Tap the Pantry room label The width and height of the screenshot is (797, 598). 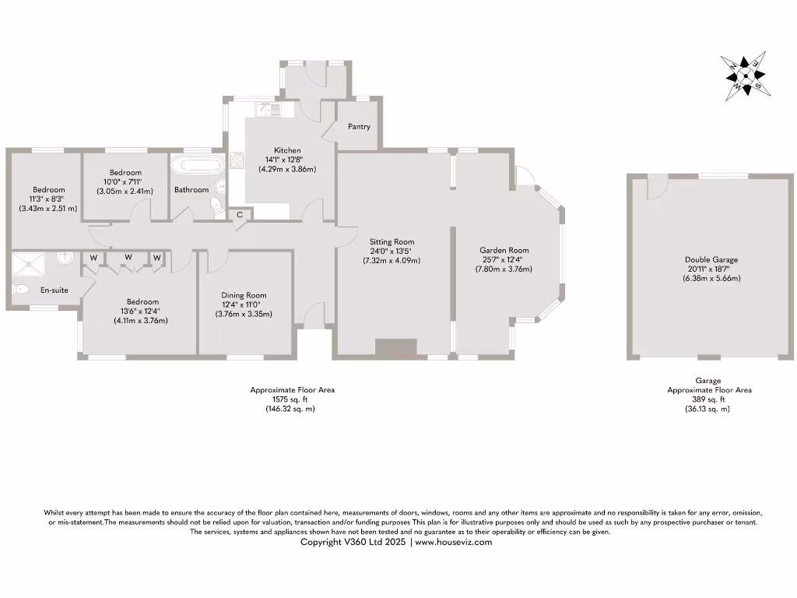[x=359, y=126]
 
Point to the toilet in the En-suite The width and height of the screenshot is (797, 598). [x=22, y=290]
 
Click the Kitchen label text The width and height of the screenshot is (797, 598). [x=287, y=150]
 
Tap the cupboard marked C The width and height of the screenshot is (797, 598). [x=240, y=214]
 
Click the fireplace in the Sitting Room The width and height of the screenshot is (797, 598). [x=396, y=348]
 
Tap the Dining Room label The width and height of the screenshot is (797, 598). [x=244, y=295]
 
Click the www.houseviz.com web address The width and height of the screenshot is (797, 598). [x=454, y=542]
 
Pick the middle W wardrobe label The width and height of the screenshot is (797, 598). [x=128, y=258]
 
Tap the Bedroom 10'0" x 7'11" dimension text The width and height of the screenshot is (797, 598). [x=125, y=181]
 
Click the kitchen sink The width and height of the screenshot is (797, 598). [x=274, y=111]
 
